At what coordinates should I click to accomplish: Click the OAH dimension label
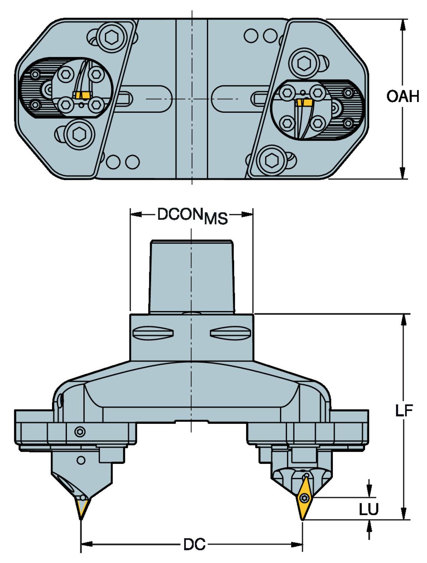pos(403,97)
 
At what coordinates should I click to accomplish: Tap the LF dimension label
pos(404,411)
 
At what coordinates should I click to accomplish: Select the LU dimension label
pos(368,509)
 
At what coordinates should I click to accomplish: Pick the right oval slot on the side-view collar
pos(230,332)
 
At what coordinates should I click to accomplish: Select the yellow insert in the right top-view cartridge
pos(304,102)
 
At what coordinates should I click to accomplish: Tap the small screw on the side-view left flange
pos(80,432)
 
